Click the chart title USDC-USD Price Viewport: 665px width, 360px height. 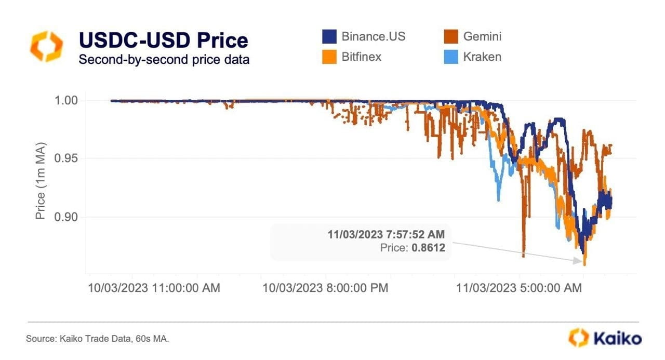[x=163, y=41]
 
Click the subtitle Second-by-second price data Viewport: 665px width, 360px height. [x=164, y=60]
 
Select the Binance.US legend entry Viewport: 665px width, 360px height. [x=373, y=36]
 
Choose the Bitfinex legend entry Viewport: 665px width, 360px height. [x=362, y=57]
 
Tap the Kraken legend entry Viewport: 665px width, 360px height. [x=480, y=57]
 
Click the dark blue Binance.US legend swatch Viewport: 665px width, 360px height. [x=330, y=37]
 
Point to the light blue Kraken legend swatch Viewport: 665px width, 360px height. [x=451, y=57]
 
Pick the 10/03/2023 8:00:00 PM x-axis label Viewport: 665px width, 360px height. [x=325, y=288]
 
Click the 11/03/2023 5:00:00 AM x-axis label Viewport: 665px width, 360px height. [x=519, y=288]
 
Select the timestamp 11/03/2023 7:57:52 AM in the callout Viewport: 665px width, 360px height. [x=386, y=234]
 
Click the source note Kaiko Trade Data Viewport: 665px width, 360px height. [x=98, y=339]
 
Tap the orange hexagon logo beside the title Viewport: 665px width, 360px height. [x=46, y=46]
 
